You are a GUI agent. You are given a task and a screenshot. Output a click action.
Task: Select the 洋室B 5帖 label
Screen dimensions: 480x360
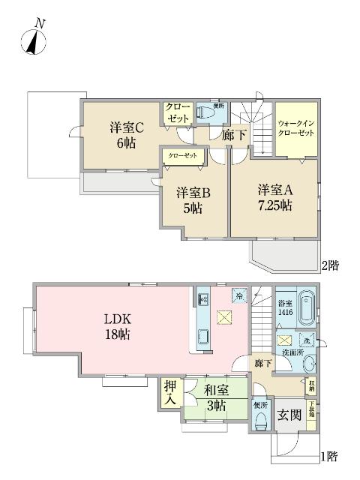(x=193, y=200)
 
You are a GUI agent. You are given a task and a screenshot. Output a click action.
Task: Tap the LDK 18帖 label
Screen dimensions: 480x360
(x=118, y=327)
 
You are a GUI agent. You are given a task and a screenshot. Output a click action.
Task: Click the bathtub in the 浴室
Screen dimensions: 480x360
(x=307, y=308)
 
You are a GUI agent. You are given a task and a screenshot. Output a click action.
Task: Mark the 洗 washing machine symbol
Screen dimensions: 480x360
(x=310, y=341)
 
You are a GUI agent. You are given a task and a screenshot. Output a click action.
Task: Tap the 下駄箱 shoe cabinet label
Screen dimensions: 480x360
(x=311, y=415)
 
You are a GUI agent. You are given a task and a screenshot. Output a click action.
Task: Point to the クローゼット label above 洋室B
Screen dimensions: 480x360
(x=182, y=155)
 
